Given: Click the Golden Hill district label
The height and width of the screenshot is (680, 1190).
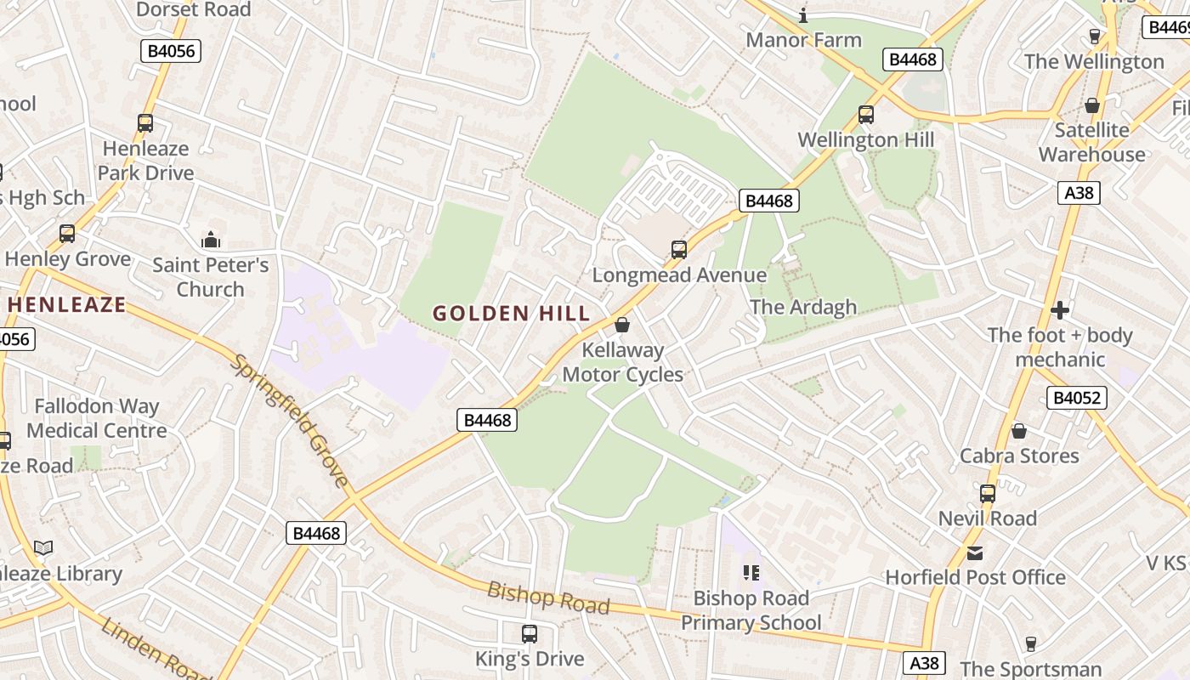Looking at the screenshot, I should tap(511, 314).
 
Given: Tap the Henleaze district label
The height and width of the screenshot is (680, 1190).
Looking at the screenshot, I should tap(66, 304).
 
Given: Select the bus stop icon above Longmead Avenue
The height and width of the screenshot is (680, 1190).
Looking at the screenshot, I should tap(678, 250).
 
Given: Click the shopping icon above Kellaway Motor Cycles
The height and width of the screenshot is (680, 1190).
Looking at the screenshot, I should tap(622, 325).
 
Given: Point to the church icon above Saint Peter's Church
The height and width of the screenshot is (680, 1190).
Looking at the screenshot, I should tap(210, 240).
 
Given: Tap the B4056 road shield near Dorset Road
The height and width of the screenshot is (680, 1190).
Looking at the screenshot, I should tap(171, 51).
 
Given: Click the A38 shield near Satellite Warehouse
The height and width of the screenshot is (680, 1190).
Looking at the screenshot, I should tap(1079, 193).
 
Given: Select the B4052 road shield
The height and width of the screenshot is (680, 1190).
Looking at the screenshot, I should tap(1076, 398).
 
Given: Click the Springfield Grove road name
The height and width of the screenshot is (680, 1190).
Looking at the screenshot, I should tap(290, 421).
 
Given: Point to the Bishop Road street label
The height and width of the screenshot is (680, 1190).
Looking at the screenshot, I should tap(548, 598).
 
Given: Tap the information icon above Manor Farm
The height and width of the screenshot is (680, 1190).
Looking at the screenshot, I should tap(803, 15).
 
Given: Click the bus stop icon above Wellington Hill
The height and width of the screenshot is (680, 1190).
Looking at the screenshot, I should tap(865, 114).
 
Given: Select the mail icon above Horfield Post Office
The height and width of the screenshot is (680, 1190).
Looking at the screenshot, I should tap(975, 553).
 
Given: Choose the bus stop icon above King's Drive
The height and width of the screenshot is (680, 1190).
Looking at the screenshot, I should tap(529, 633).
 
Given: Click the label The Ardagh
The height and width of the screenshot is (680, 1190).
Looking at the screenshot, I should tap(803, 307).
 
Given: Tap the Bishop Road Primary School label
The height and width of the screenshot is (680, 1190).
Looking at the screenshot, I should tap(751, 610).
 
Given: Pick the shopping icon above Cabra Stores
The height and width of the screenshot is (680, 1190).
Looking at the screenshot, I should tap(1018, 431).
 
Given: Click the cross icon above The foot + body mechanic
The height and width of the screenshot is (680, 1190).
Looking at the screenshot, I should tap(1059, 309).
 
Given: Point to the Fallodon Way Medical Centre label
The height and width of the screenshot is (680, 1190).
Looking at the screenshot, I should tap(96, 418).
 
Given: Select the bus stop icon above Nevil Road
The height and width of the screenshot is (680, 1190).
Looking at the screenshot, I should tap(987, 493).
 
